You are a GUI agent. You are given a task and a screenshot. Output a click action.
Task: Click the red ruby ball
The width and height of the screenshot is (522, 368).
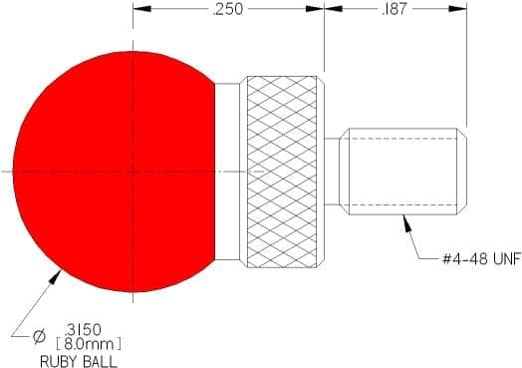[x=114, y=172]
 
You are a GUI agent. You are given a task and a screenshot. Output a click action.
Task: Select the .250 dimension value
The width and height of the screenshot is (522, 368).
[x=228, y=9]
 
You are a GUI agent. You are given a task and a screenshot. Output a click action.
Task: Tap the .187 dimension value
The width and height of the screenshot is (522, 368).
[x=394, y=9]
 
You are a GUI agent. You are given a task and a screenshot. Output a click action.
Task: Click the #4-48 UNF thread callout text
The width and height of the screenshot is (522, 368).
[x=481, y=259]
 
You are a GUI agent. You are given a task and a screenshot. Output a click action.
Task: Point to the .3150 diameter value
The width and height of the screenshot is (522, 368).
[x=83, y=330]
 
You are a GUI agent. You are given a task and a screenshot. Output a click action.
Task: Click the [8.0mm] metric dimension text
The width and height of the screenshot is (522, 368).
[x=89, y=344]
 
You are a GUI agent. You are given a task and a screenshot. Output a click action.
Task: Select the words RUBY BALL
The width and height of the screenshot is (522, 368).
[x=79, y=361]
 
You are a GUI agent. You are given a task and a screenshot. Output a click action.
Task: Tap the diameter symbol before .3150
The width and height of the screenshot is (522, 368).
[x=39, y=336]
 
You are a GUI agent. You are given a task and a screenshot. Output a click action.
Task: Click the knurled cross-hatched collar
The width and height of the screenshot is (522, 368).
[x=282, y=172]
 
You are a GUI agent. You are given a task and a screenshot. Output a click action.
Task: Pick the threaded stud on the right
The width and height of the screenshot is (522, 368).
[x=402, y=172]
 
